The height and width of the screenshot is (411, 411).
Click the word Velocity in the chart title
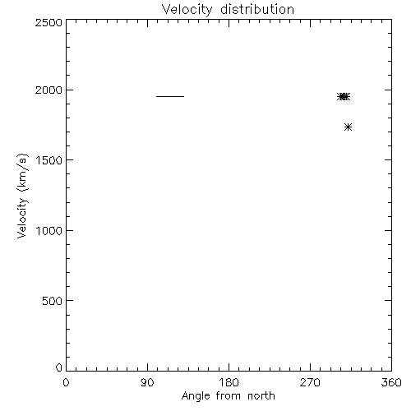pos(187,10)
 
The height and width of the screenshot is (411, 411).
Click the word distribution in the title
pos(257,9)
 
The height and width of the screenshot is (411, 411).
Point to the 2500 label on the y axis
pos(48,22)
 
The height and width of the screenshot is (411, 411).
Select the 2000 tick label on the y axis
pos(48,90)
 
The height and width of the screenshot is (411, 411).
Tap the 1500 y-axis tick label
pos(49,160)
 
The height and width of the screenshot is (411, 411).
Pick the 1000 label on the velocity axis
pos(49,231)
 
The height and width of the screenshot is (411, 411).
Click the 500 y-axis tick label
pos(53,301)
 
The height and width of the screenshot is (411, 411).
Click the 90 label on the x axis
pos(147,382)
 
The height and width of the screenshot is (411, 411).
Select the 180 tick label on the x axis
pos(229,382)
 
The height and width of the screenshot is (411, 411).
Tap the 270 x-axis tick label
pos(310,382)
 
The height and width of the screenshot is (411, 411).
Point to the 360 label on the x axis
pos(391,382)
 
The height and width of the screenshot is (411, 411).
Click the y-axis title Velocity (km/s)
pos(22,196)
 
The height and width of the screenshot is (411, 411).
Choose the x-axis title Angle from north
pos(229,396)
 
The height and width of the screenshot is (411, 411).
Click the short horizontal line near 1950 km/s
pos(170,96)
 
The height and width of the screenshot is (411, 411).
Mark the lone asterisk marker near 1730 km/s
pos(348,127)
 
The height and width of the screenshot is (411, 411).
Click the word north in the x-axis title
pos(261,396)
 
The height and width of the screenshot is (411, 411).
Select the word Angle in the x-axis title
pos(196,396)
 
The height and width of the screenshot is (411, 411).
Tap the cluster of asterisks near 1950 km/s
pos(344,97)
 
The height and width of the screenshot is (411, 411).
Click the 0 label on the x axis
pos(66,382)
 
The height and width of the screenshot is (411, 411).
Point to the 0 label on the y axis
pos(59,367)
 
